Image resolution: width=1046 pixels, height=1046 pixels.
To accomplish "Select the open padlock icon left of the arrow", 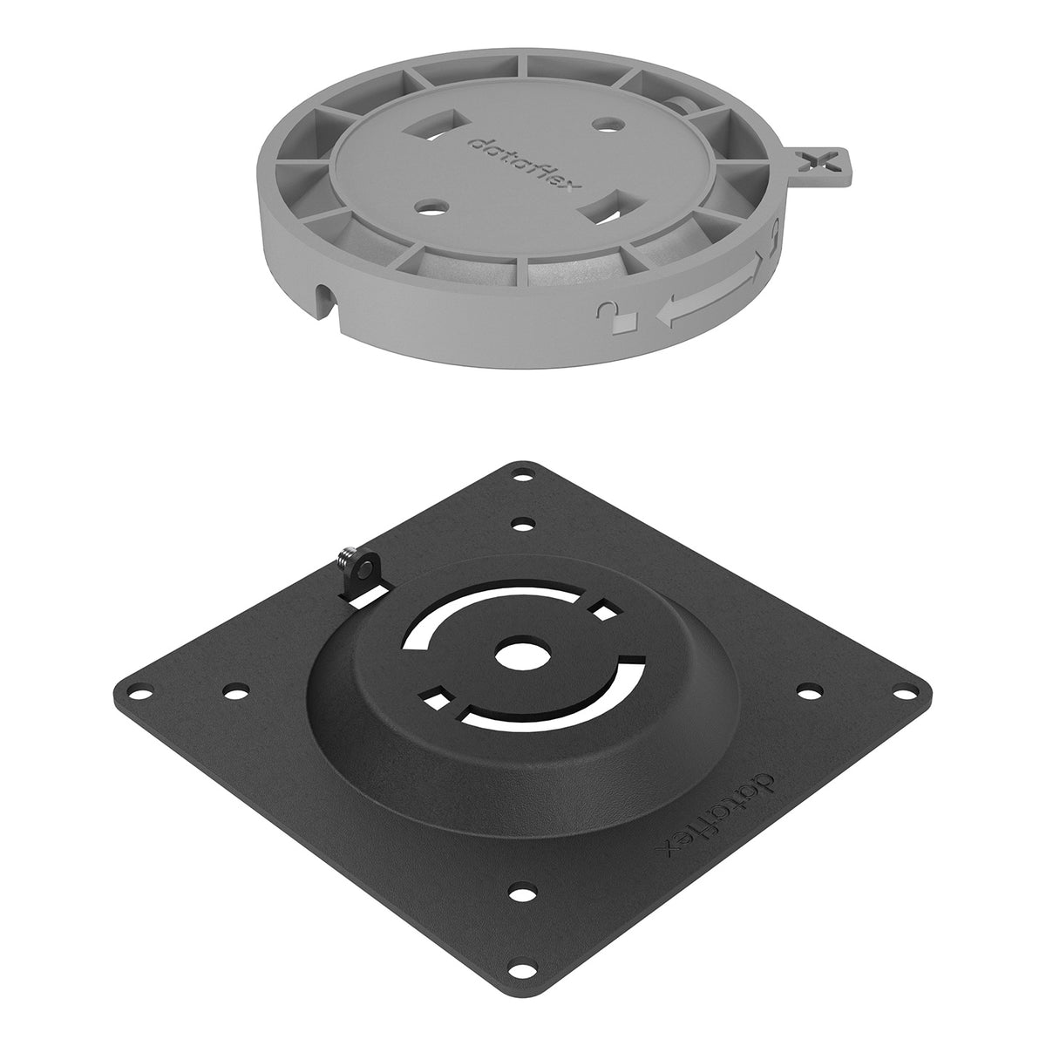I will click(x=608, y=315).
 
